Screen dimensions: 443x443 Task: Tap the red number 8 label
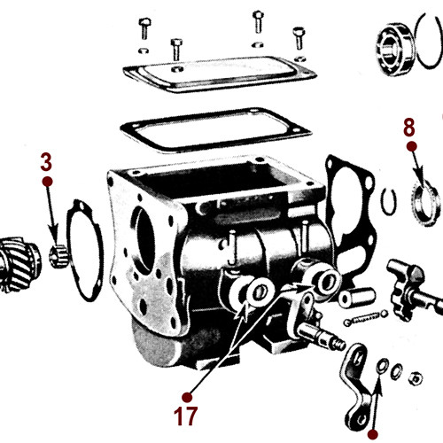tap(409, 126)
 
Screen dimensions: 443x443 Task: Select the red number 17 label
tap(186, 415)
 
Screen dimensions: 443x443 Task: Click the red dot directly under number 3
tap(47, 181)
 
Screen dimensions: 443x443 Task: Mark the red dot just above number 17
tap(186, 395)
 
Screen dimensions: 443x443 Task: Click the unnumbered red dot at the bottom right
tap(372, 434)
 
